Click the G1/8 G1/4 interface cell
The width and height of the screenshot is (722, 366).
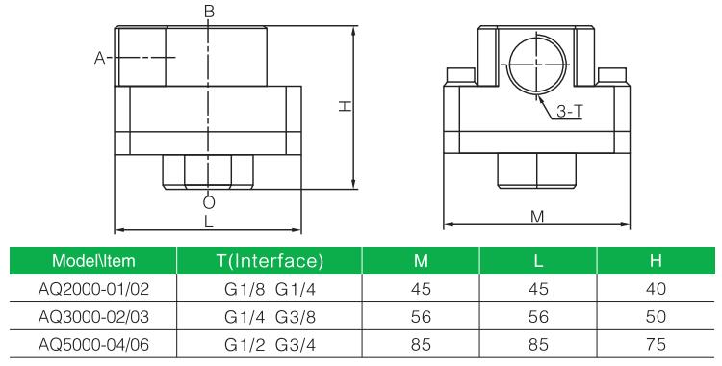269,288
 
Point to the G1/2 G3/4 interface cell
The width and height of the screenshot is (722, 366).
269,342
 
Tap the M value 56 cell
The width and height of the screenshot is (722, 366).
419,315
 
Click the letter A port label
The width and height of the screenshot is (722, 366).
98,59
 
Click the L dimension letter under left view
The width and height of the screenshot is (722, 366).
209,222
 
